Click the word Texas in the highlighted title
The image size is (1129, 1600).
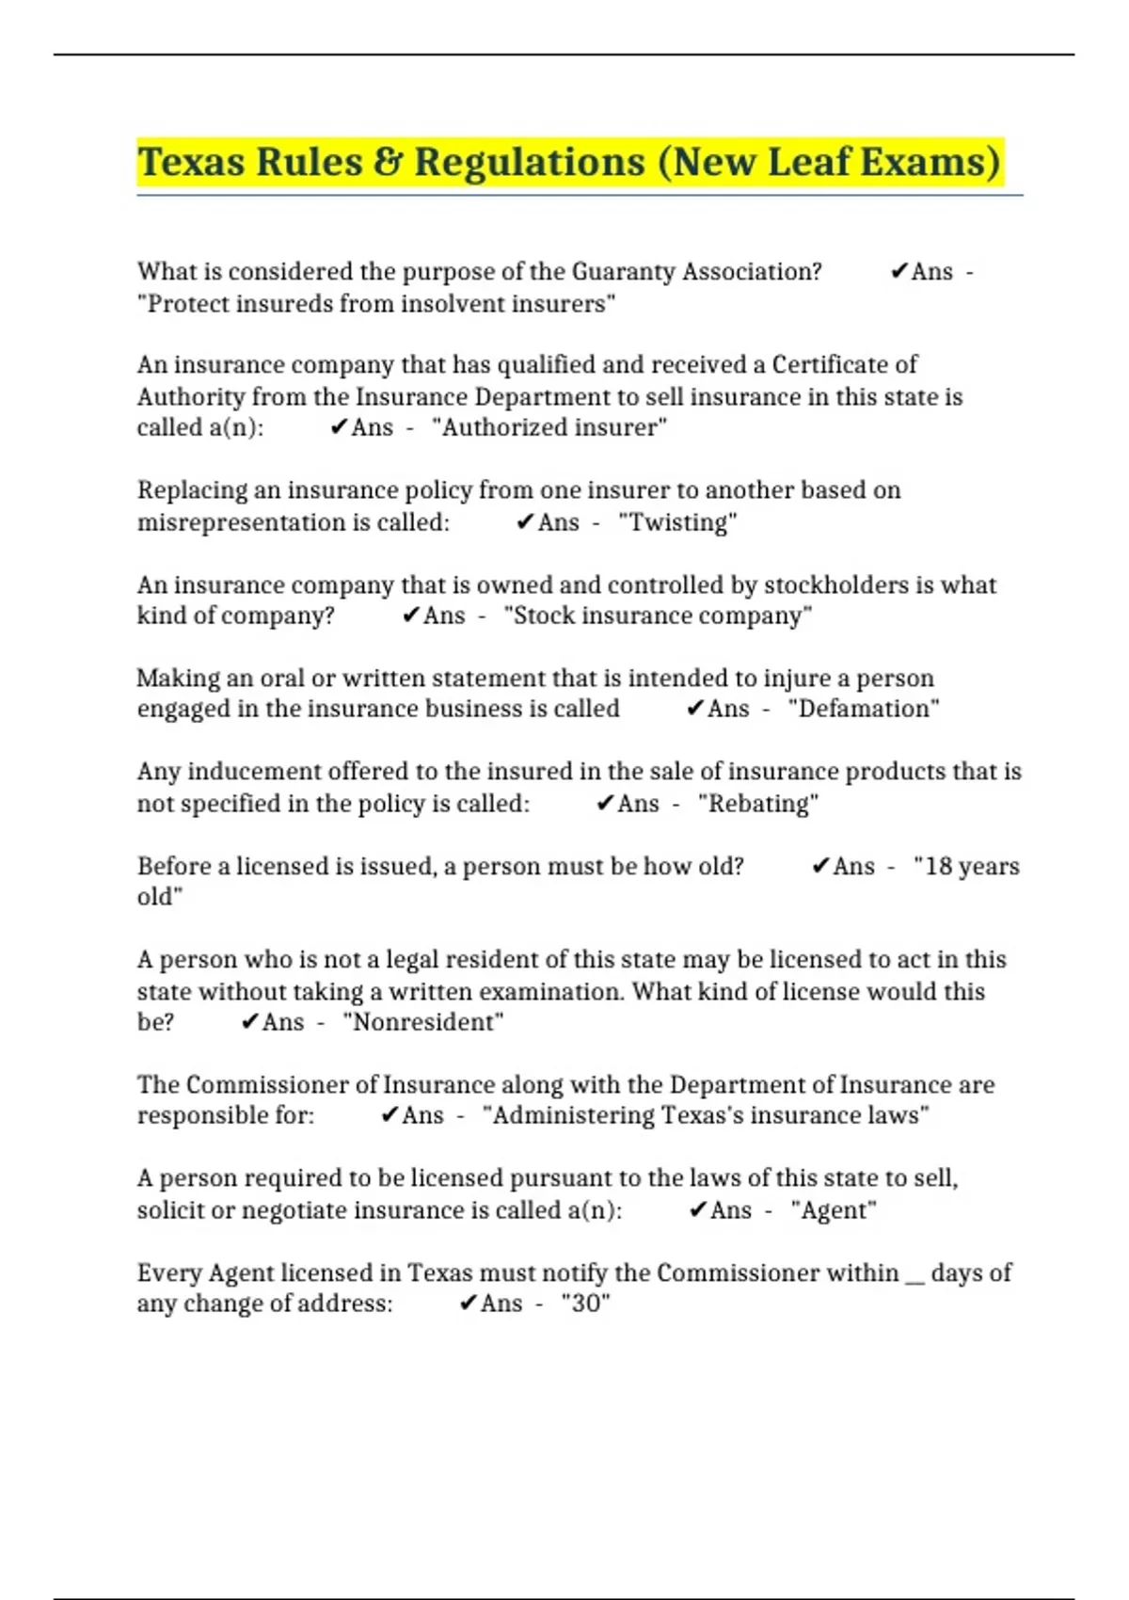point(191,162)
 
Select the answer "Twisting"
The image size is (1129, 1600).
point(677,522)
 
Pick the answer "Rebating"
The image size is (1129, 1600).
point(758,804)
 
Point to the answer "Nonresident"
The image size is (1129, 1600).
point(423,1022)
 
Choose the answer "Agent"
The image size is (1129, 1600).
point(834,1209)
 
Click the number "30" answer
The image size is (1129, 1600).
point(585,1304)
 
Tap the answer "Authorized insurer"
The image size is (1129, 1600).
point(549,427)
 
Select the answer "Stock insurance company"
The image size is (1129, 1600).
point(658,616)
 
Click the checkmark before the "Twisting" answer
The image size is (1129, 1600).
point(525,522)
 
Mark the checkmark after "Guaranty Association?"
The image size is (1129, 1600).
point(898,272)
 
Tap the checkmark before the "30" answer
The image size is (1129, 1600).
point(468,1304)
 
